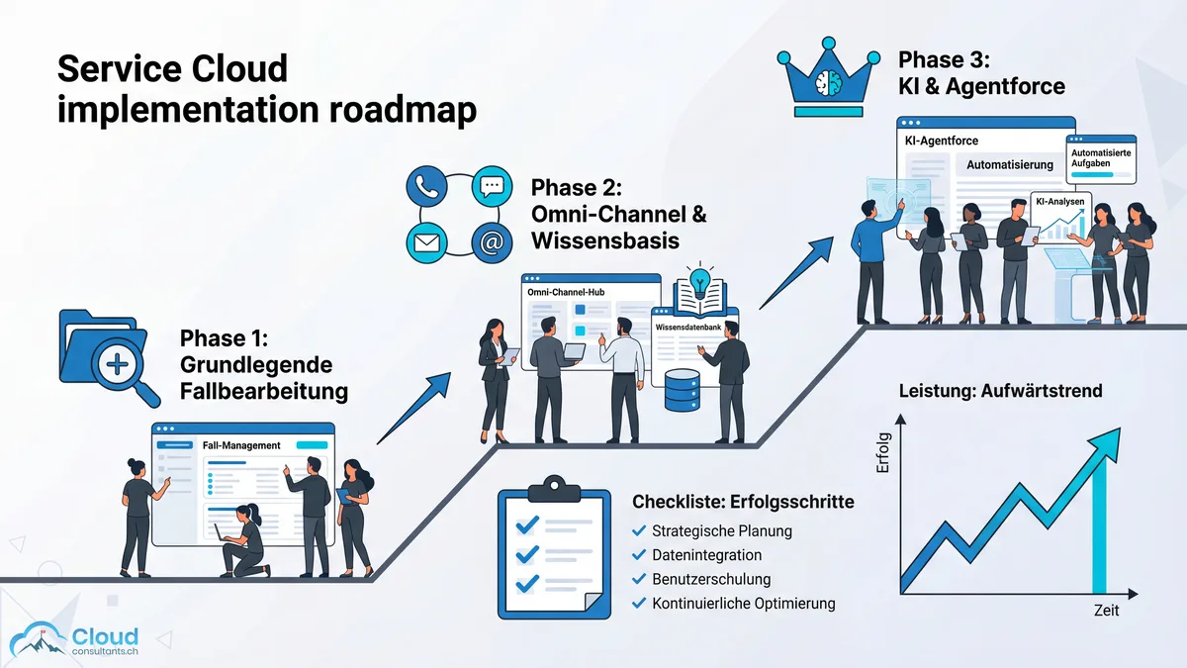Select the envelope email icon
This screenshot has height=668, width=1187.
coord(427,242)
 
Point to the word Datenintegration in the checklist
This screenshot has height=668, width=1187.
coord(706,555)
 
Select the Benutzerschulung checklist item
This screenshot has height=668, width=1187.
coord(710,579)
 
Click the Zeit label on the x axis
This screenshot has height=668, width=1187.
coord(1106,611)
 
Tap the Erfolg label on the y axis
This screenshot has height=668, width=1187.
coord(883,452)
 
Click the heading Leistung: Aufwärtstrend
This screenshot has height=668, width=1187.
coord(1000,391)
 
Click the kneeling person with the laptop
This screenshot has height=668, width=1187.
coord(243,542)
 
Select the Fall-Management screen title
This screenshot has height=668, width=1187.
coord(241,445)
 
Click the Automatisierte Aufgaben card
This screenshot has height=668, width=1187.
coord(1100,158)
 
